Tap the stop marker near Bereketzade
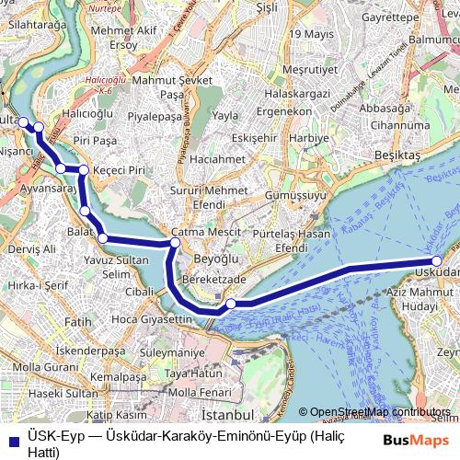[x=231, y=304]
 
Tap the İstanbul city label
[x=222, y=404]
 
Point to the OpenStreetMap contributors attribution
[x=380, y=412]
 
